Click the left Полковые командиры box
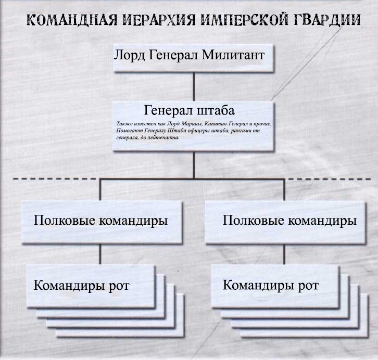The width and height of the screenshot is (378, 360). [100, 221]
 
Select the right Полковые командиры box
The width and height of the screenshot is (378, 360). [289, 221]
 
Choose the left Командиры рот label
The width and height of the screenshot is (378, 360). [82, 286]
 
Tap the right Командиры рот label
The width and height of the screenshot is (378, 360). [270, 286]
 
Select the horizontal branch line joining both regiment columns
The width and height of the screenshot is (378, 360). [194, 179]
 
